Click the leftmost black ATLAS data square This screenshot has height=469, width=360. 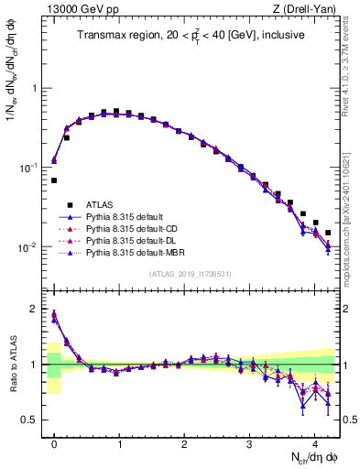tap(54, 180)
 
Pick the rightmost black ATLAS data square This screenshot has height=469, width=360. tap(328, 233)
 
